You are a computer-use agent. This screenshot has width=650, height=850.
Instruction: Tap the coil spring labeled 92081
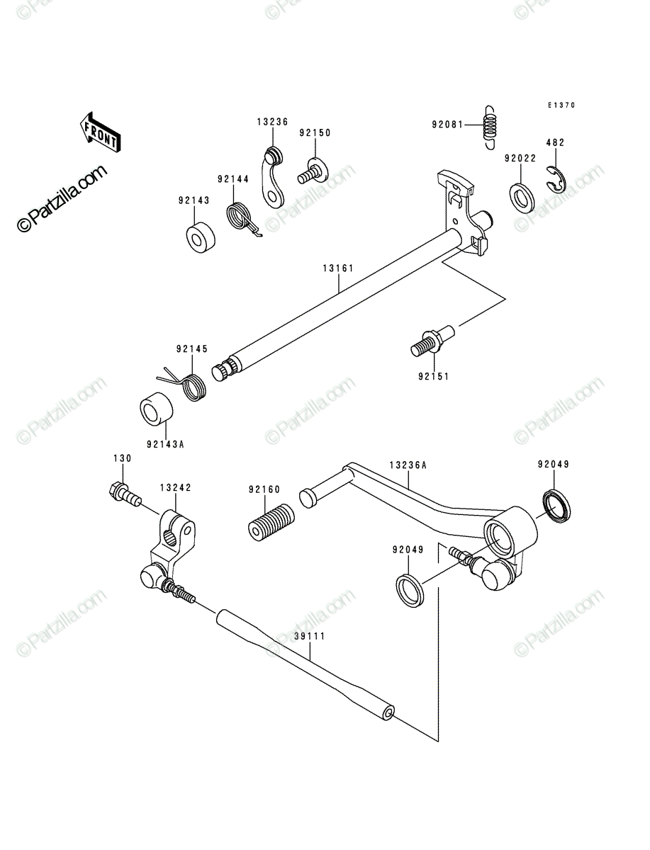coord(490,127)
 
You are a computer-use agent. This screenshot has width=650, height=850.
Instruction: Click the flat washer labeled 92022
coord(522,198)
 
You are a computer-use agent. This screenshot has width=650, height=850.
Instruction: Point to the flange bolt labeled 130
coord(125,494)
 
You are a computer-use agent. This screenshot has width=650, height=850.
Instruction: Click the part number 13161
coord(338,268)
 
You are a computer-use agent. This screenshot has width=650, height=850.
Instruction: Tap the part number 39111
coord(310,636)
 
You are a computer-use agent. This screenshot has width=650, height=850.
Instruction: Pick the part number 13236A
coord(408,465)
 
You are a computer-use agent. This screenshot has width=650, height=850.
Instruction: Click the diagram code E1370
coord(561,105)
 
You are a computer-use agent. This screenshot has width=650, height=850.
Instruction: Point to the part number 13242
coord(176,487)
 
